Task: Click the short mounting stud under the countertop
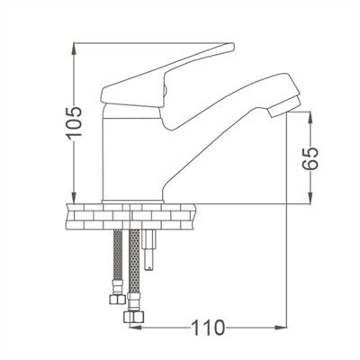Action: pos(149,253)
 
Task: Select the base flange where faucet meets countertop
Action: pos(135,198)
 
